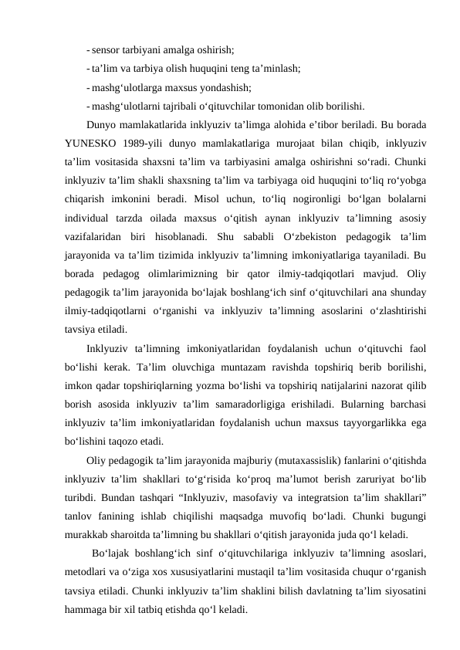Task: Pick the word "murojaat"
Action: pos(304,143)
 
